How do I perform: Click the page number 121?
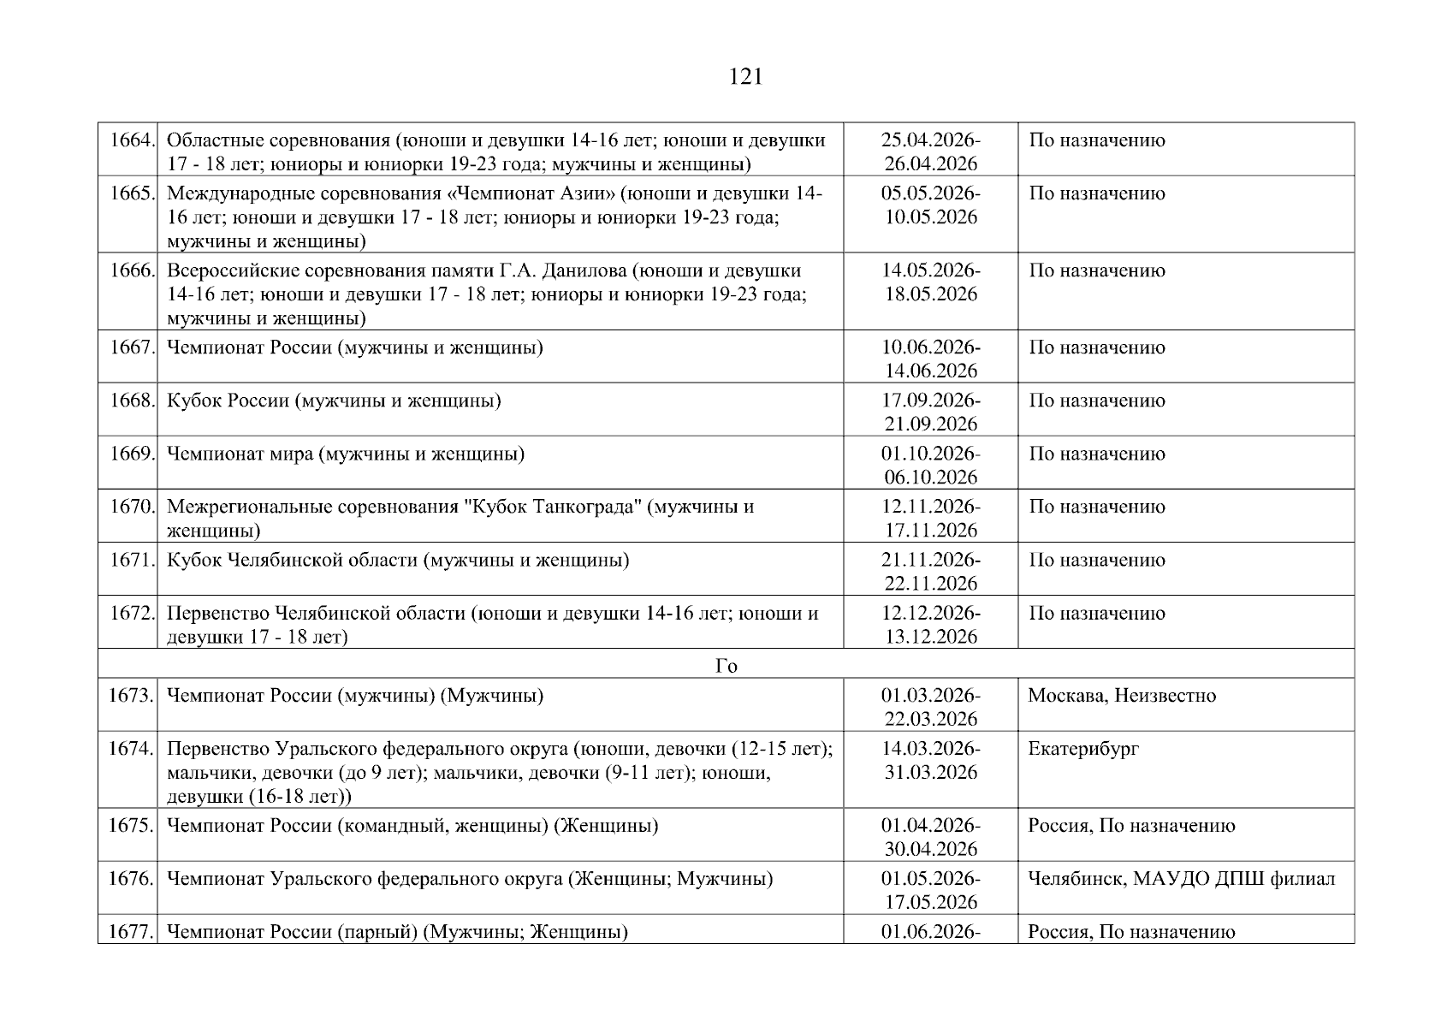[x=745, y=77]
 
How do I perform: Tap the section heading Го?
[x=726, y=666]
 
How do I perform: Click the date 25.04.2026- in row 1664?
[x=930, y=140]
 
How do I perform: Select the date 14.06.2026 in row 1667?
[x=930, y=371]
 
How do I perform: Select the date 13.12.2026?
[x=930, y=637]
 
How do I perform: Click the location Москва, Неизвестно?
[x=1121, y=695]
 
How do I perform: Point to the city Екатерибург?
[x=1083, y=749]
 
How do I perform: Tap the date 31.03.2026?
[x=930, y=772]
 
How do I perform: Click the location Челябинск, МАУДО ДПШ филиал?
[x=1181, y=879]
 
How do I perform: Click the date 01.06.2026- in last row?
[x=930, y=932]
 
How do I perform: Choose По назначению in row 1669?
[x=1096, y=454]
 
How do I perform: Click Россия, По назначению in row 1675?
[x=1131, y=826]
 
